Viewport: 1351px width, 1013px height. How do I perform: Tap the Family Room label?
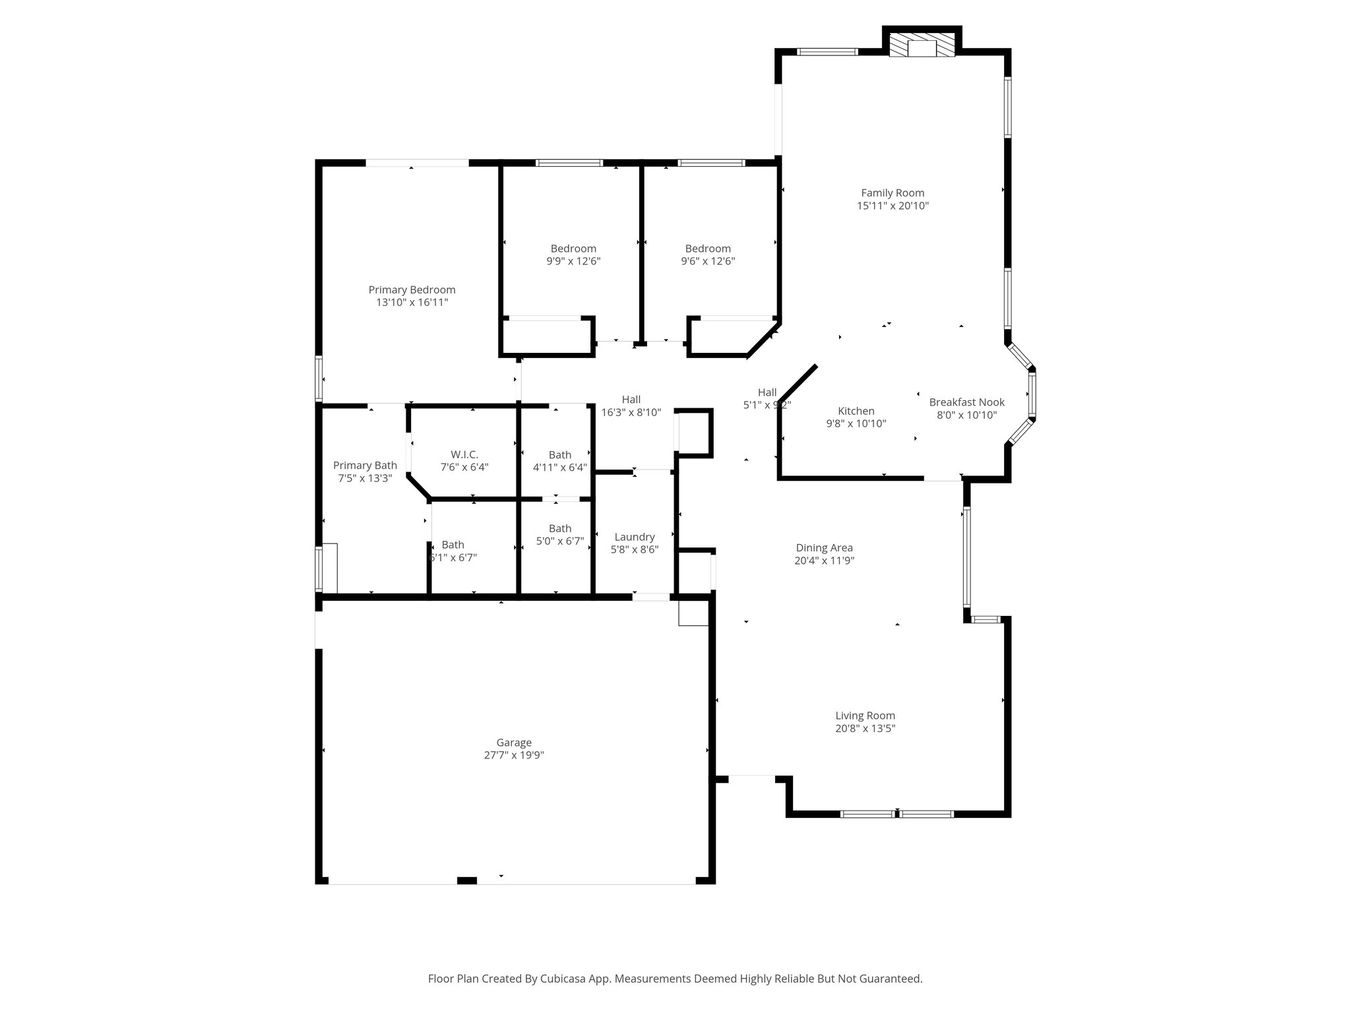893,193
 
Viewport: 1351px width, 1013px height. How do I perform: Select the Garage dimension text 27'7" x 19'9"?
513,755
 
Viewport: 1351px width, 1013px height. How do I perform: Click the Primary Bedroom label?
412,290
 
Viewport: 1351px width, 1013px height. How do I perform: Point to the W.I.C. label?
464,454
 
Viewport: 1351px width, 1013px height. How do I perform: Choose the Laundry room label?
634,537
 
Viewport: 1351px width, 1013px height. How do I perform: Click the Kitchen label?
856,411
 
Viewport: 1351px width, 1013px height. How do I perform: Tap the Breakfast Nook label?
966,402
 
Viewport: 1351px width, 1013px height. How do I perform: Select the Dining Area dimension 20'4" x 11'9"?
825,561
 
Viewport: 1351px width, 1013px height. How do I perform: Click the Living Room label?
865,716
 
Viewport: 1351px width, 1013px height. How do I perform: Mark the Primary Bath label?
365,465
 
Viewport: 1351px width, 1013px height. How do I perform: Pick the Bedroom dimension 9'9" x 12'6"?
573,261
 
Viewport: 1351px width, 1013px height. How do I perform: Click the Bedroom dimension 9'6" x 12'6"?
708,261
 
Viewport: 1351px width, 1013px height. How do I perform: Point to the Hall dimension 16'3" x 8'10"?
631,413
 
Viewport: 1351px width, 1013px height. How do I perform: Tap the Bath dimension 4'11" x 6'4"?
559,468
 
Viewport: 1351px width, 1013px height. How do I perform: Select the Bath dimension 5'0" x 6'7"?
559,541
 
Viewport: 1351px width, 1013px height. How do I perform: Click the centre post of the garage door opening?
467,880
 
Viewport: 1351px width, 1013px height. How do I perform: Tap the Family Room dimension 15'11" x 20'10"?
893,206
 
